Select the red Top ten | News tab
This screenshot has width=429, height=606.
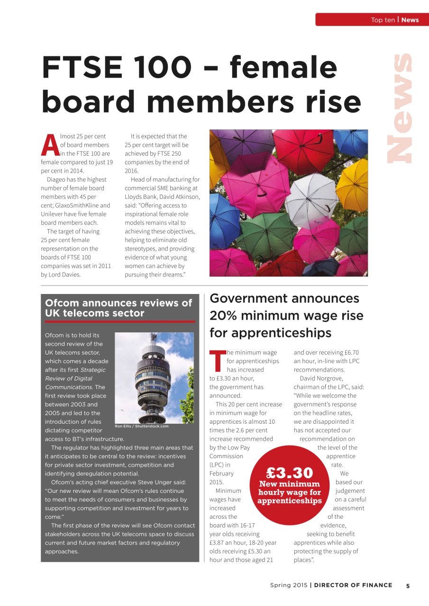[372, 19]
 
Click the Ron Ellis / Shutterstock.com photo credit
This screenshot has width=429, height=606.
[142, 426]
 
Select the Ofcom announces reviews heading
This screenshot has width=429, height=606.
[119, 308]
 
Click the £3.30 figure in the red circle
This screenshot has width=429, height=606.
[289, 472]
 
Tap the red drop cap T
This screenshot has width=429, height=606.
[217, 361]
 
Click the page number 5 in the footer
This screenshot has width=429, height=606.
[408, 585]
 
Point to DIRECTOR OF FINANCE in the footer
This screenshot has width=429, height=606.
[353, 585]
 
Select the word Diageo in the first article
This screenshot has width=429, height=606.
[57, 179]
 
